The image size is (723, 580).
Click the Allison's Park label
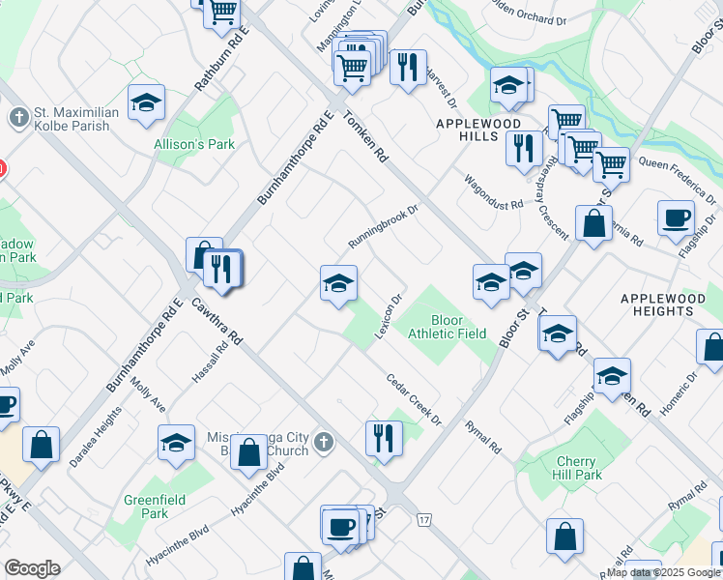pyautogui.click(x=194, y=145)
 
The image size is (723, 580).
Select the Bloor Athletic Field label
pyautogui.click(x=447, y=327)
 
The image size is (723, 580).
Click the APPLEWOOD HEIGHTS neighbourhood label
pyautogui.click(x=663, y=306)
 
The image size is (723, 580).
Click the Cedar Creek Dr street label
pyautogui.click(x=414, y=400)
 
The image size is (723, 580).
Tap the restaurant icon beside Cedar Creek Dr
pyautogui.click(x=384, y=437)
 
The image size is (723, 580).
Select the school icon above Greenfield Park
pyautogui.click(x=176, y=443)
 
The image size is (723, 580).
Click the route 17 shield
pyautogui.click(x=423, y=520)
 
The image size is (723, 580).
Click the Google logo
pyautogui.click(x=32, y=568)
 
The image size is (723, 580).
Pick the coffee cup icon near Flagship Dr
pyautogui.click(x=676, y=217)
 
